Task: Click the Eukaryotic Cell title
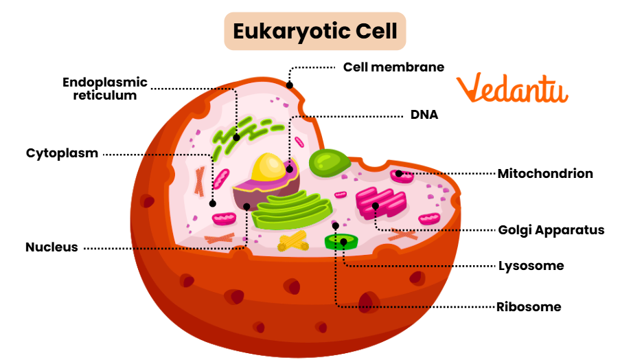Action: [x=315, y=31]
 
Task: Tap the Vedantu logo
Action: [x=512, y=89]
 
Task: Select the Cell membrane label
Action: [x=393, y=67]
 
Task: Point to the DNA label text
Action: [x=424, y=115]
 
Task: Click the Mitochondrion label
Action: [x=545, y=173]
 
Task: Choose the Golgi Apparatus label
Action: [x=551, y=229]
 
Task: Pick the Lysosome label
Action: [x=531, y=265]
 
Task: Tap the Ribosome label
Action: [x=529, y=306]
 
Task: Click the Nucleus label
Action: [x=52, y=247]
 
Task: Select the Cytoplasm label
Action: [x=62, y=153]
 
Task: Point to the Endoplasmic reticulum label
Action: [x=105, y=89]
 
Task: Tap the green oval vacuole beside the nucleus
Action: [x=328, y=163]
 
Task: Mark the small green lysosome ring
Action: [x=341, y=242]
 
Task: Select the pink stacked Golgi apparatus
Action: [x=380, y=203]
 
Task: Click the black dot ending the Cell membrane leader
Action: [x=290, y=86]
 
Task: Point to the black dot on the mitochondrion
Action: [x=399, y=173]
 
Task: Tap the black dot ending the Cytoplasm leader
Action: [x=213, y=203]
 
